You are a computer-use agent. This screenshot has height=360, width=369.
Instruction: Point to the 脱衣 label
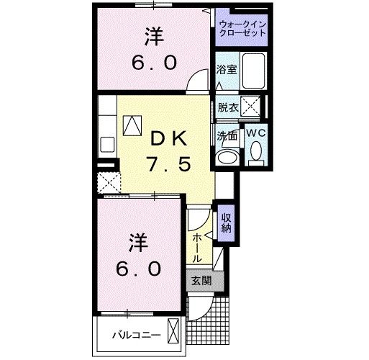coord(227,107)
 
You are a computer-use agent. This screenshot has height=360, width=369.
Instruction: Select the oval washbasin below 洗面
coord(229,157)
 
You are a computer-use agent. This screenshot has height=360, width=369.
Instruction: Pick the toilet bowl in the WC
coord(255,153)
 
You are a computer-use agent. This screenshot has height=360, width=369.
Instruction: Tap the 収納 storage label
coord(226,222)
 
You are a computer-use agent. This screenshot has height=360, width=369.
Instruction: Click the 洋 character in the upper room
coord(153,35)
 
